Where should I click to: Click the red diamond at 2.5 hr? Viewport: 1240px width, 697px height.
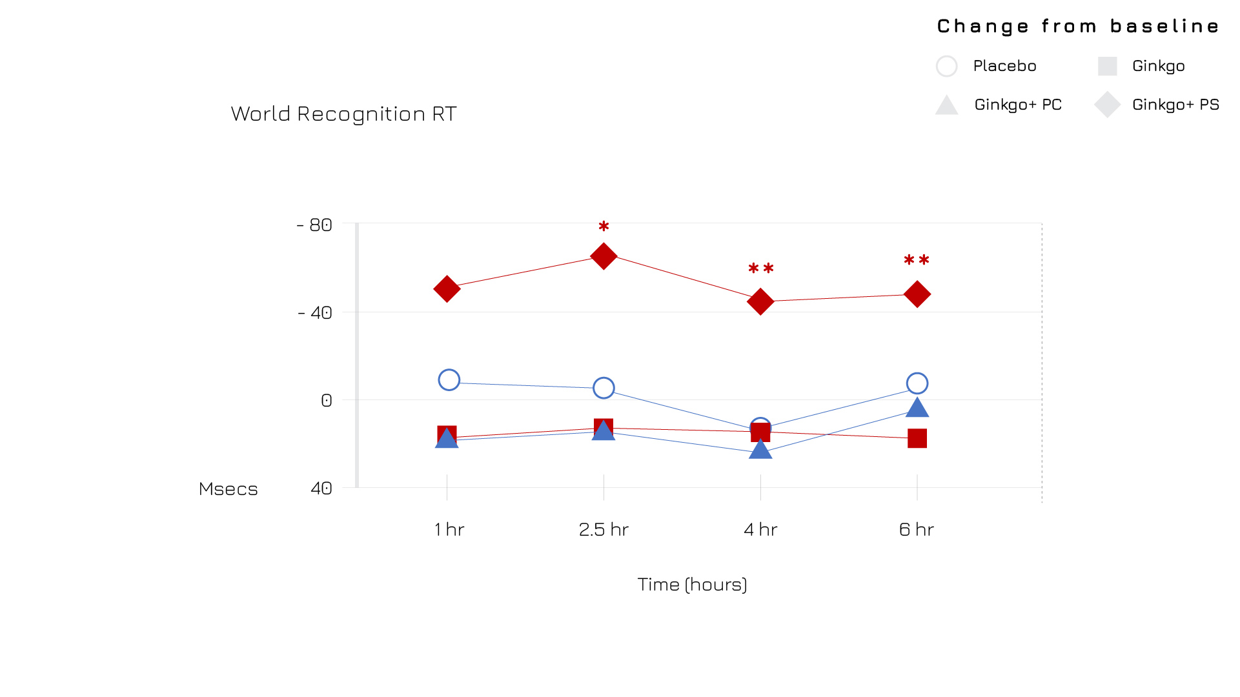click(604, 256)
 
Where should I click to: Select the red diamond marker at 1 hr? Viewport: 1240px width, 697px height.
click(447, 288)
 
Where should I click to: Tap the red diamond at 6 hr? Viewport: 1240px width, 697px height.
click(917, 294)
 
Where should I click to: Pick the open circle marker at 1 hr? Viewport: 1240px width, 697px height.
click(449, 380)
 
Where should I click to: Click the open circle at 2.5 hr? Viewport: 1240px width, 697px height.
click(604, 388)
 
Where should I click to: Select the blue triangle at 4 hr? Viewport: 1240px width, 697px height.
click(760, 449)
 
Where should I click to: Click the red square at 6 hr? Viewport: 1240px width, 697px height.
click(917, 438)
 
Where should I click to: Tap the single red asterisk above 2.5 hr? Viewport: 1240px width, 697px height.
click(604, 227)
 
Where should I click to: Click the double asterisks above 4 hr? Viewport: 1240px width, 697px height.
click(760, 268)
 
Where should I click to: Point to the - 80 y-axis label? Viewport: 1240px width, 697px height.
click(314, 225)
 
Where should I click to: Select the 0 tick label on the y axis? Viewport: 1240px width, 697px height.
click(327, 400)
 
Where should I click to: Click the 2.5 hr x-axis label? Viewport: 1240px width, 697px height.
click(604, 529)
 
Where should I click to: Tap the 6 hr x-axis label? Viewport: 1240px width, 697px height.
click(917, 529)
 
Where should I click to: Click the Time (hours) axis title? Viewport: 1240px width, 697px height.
click(692, 584)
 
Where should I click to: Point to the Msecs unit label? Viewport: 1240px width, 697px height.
click(228, 489)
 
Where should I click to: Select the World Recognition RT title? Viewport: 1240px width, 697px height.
click(343, 114)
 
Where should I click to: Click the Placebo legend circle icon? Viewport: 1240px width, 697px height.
click(946, 66)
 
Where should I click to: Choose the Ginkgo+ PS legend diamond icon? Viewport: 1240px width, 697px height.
click(1107, 105)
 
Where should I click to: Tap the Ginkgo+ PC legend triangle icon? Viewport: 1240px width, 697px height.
click(946, 105)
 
